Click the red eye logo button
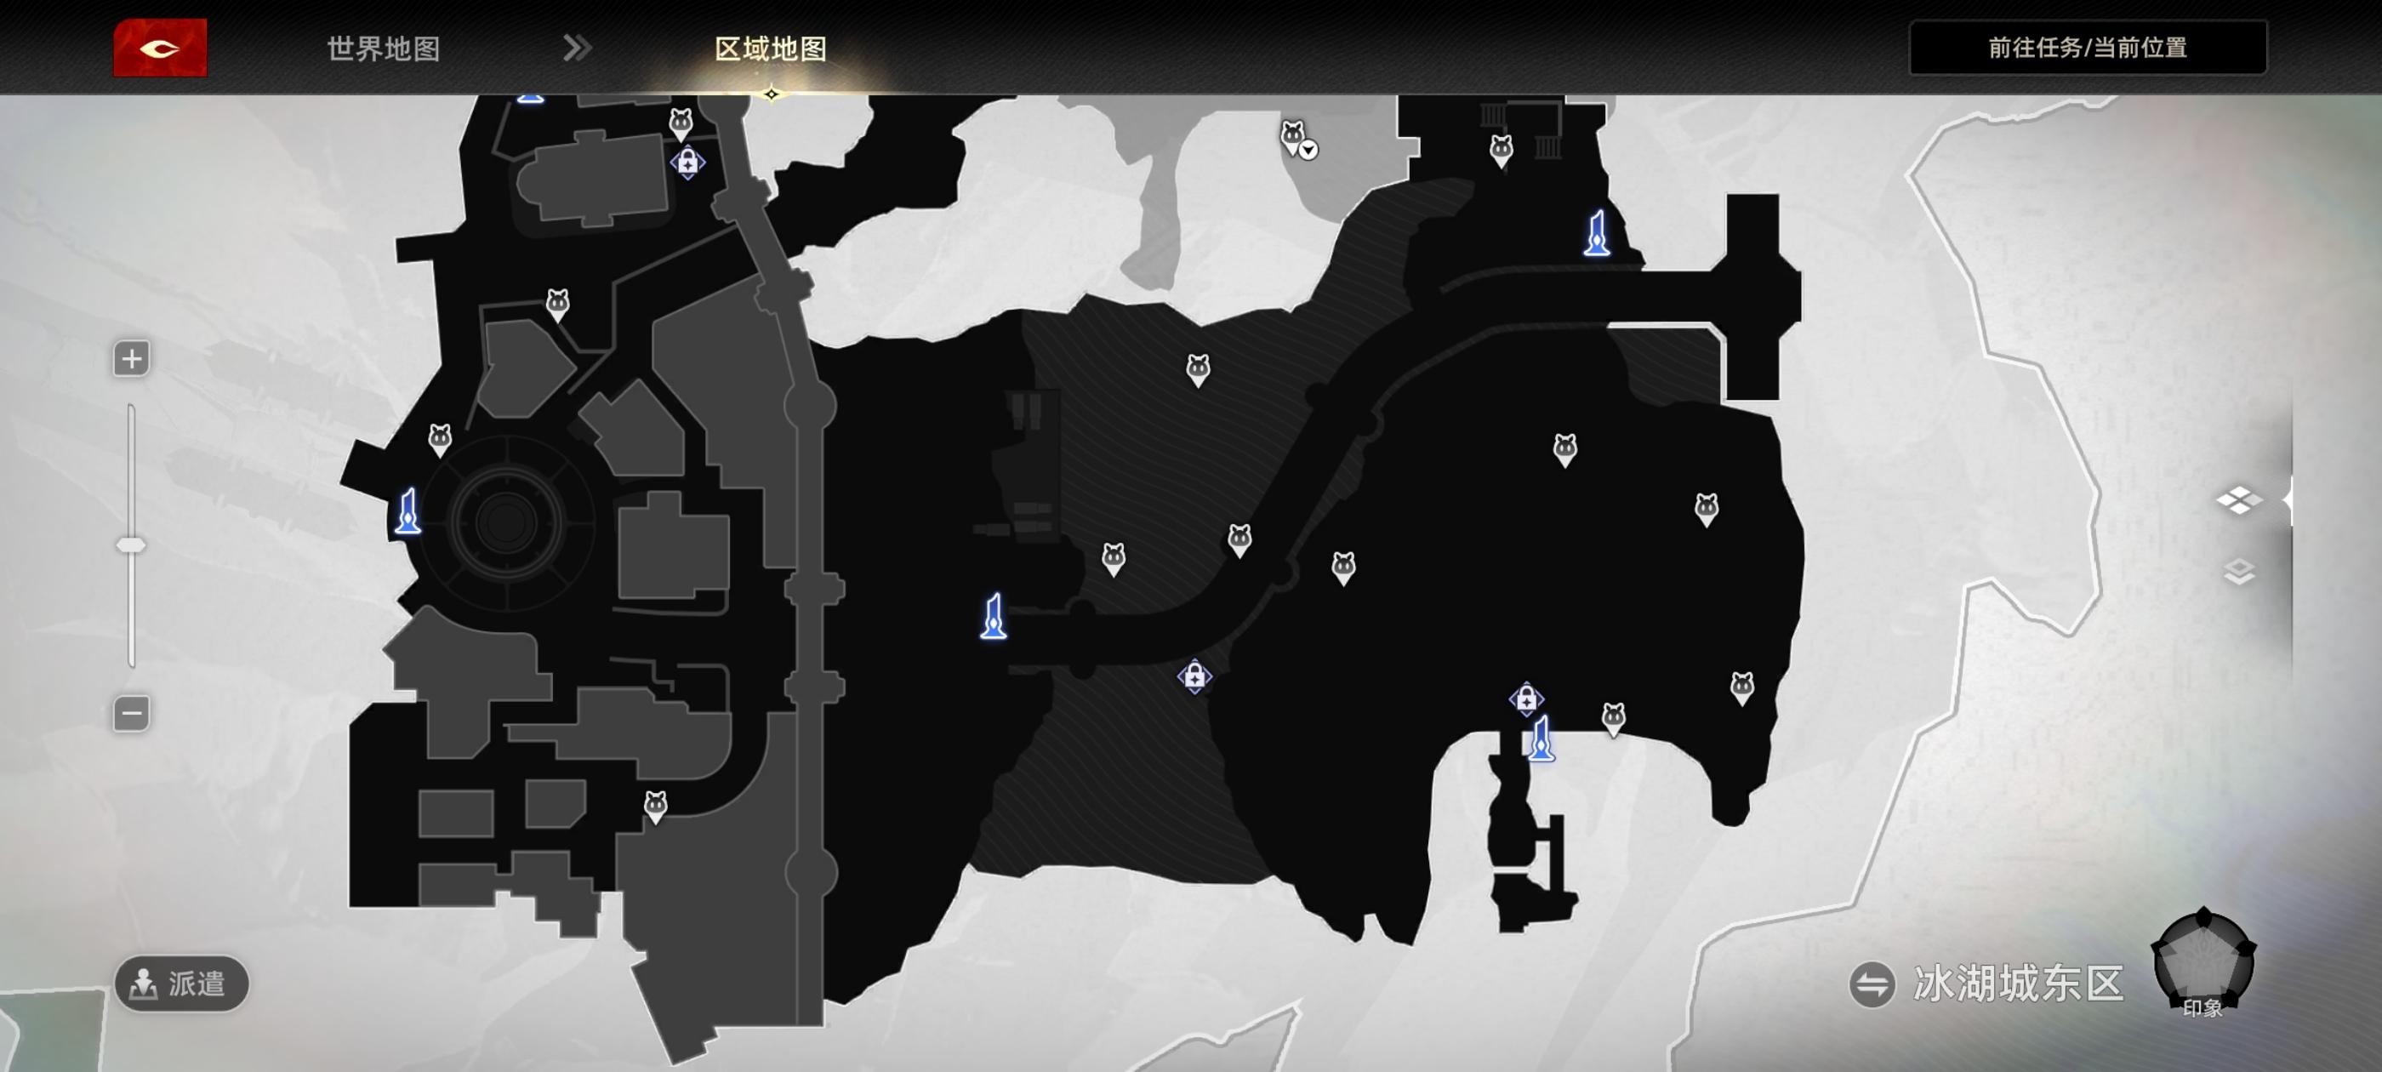pos(160,48)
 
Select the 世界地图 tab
pos(383,49)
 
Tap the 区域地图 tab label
pos(770,49)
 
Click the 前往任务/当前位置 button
pos(2087,48)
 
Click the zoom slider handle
pos(131,545)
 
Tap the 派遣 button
pos(182,984)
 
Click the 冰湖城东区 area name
pos(2018,984)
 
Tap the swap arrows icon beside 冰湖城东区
pos(1872,984)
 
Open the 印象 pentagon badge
pos(2202,962)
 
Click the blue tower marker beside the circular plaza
pos(407,512)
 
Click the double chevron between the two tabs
pos(577,48)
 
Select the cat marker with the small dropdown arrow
pos(1295,137)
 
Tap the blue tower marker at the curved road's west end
pos(993,617)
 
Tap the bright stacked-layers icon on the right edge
pos(2239,500)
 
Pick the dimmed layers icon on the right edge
pos(2239,573)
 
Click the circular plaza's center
pos(506,522)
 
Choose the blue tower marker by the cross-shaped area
pos(1597,233)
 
